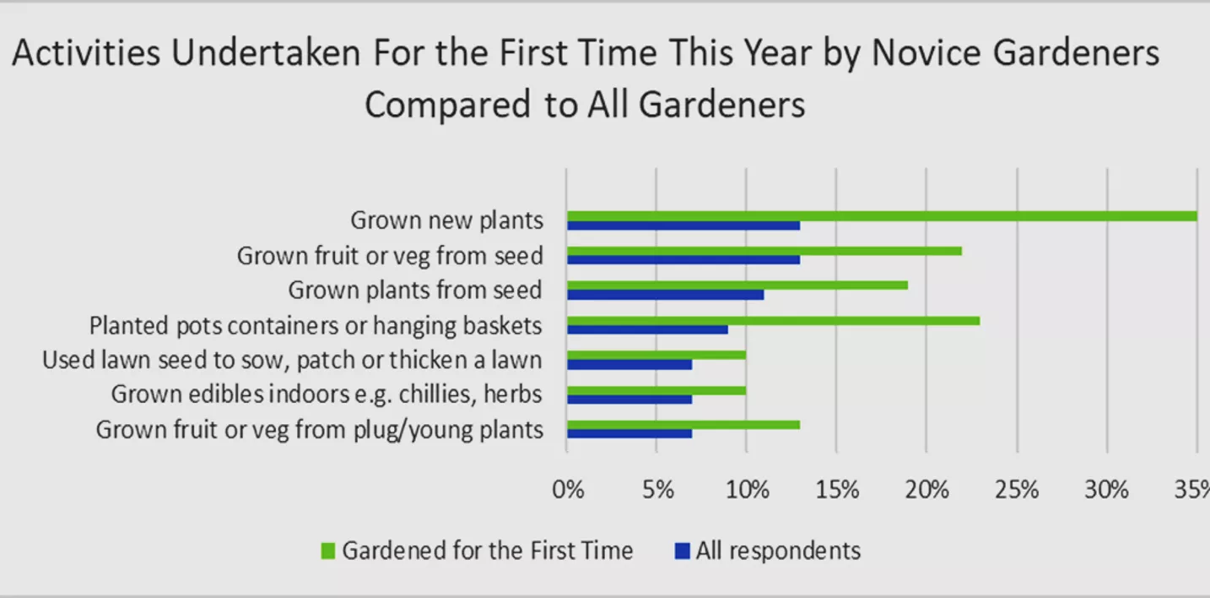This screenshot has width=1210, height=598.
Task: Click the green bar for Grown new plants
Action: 882,216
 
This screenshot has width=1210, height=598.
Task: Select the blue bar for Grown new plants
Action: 683,226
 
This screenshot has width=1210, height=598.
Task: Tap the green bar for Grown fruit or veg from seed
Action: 764,251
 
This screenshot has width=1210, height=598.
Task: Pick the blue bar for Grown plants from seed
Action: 666,295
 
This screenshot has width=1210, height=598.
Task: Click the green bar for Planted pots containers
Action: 774,321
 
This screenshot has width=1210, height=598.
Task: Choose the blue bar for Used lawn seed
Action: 629,364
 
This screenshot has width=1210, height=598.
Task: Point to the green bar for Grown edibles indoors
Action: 656,390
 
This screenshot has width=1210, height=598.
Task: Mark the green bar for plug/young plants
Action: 683,425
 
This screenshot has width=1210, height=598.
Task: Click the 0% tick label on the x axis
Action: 568,490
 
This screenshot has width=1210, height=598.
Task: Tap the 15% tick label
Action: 837,490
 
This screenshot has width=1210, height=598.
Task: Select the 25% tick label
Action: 1017,490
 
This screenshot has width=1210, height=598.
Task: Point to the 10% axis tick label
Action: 747,490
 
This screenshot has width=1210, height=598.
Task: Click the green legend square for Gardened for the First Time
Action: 328,551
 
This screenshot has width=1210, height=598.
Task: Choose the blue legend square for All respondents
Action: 683,551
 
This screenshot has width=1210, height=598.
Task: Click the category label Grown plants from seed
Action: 415,291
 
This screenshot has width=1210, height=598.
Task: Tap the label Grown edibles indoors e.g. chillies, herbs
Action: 327,394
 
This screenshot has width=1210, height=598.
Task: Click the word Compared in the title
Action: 448,105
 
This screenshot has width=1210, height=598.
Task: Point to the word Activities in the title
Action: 86,53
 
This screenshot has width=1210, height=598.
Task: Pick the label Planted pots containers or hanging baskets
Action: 316,326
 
